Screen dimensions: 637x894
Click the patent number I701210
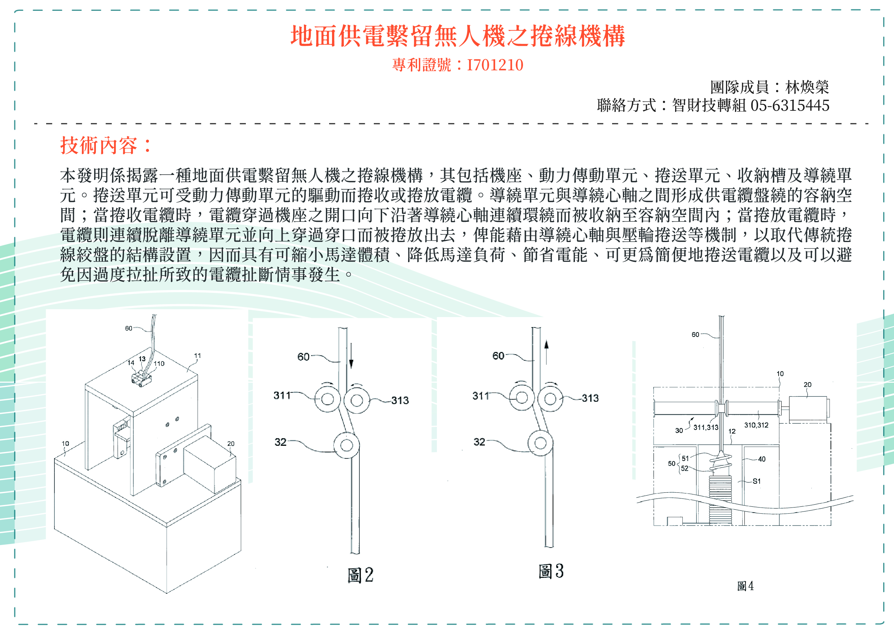coord(495,65)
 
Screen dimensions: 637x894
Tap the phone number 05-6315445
coord(789,106)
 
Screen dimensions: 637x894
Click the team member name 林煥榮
coord(807,87)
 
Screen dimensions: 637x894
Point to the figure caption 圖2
coord(360,575)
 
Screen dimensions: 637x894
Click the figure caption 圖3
coord(551,571)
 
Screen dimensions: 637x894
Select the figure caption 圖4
coord(745,586)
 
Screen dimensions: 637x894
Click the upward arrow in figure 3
coord(546,352)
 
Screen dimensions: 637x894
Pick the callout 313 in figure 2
coord(400,400)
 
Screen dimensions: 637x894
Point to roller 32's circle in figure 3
coord(540,443)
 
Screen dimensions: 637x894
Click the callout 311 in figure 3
coord(481,396)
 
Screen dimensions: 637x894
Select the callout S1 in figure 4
coord(756,481)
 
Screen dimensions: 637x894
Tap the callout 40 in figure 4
coord(762,459)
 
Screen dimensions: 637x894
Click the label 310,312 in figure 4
coord(756,425)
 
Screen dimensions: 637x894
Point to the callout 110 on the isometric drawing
coord(159,364)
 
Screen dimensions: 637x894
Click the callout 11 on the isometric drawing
coord(197,356)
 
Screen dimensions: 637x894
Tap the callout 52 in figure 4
coord(684,468)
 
